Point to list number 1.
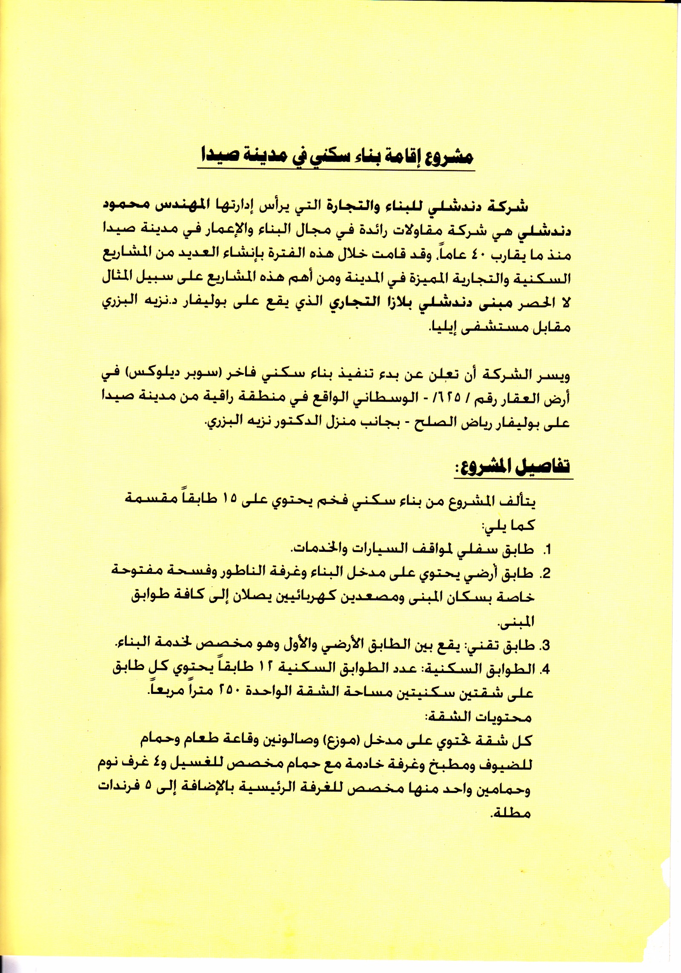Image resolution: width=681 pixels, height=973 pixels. tap(547, 550)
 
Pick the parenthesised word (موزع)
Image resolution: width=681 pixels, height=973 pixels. tap(338, 741)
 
